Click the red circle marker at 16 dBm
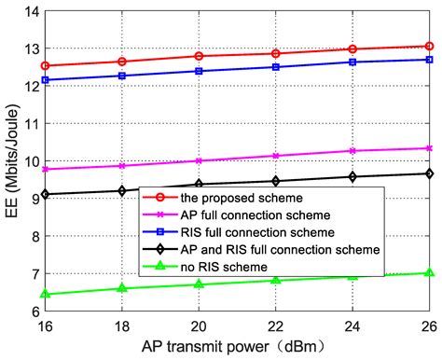click(x=45, y=66)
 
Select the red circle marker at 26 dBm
click(x=429, y=46)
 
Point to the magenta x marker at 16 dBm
click(x=45, y=170)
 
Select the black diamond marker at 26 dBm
click(x=429, y=173)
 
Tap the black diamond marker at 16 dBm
click(x=45, y=194)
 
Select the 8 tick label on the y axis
click(x=33, y=237)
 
